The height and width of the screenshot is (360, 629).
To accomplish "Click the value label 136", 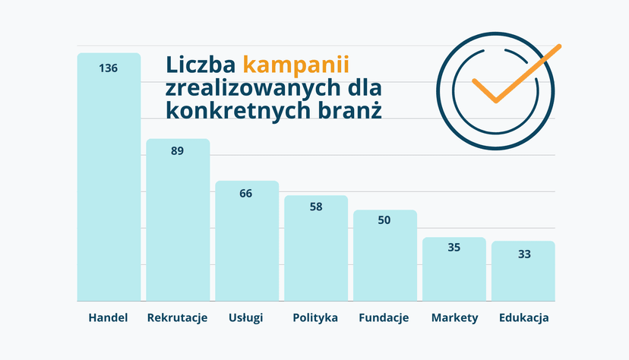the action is [109, 68].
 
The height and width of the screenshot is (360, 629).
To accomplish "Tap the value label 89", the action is [177, 150].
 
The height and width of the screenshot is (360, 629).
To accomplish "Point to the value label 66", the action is [246, 193].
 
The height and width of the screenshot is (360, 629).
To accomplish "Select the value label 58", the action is [316, 207].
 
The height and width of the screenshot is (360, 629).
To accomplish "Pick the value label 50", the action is [384, 220].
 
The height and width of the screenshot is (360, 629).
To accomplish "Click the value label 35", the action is [454, 248].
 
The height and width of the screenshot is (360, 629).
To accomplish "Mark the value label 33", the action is [524, 254].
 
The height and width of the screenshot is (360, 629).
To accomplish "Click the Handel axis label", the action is [109, 317].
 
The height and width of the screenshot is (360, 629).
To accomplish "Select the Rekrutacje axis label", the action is [177, 318].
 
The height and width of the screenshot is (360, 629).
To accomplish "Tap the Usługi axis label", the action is [246, 318].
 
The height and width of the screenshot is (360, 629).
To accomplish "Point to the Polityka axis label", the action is [315, 318].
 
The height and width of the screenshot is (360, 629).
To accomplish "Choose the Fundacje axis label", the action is [384, 318].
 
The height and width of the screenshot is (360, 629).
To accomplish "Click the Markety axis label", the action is [455, 318].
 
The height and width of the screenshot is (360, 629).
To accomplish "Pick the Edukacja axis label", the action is [524, 318].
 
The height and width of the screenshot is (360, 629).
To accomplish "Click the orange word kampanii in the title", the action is [296, 65].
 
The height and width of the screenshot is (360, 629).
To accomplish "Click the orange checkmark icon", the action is [517, 74].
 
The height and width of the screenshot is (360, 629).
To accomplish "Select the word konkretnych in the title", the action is [239, 111].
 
